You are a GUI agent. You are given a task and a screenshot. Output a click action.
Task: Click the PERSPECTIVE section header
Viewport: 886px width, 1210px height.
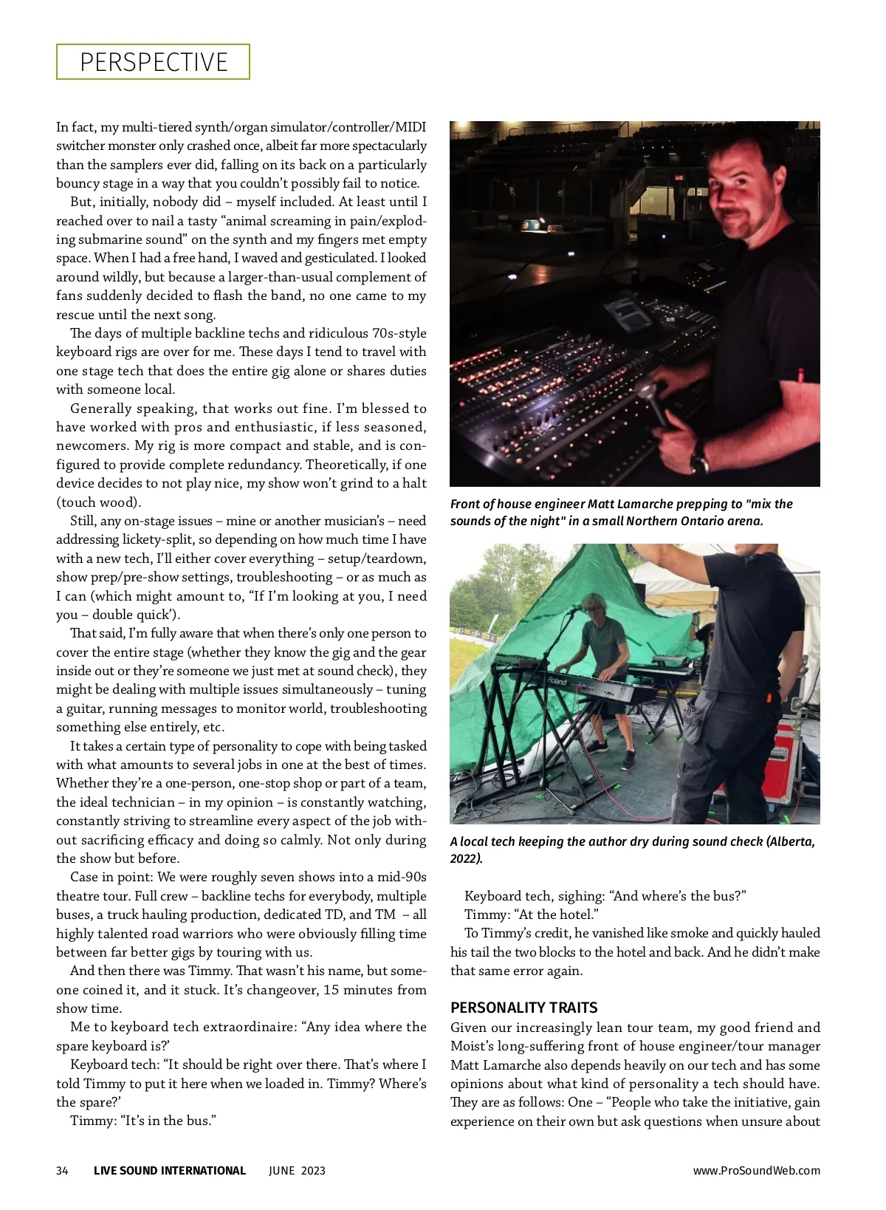tap(154, 62)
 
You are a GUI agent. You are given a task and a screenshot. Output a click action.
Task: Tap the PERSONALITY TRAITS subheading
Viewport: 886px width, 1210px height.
tap(523, 1008)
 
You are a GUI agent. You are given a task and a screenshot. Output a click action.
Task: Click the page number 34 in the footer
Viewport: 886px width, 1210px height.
tap(62, 1170)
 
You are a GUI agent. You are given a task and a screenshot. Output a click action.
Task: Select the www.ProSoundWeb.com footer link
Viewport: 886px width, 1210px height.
tap(756, 1170)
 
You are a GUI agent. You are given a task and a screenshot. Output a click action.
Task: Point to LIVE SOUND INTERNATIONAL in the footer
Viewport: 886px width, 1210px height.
tap(169, 1170)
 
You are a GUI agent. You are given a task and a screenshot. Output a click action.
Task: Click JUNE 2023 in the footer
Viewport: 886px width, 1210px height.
tap(297, 1170)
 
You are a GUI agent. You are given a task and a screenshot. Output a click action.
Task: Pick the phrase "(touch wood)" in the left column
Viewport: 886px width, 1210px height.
tap(98, 502)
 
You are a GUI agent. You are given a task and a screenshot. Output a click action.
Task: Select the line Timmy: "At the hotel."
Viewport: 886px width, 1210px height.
tap(532, 915)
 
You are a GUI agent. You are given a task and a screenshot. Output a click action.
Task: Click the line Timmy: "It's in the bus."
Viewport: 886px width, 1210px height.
tap(142, 1121)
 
